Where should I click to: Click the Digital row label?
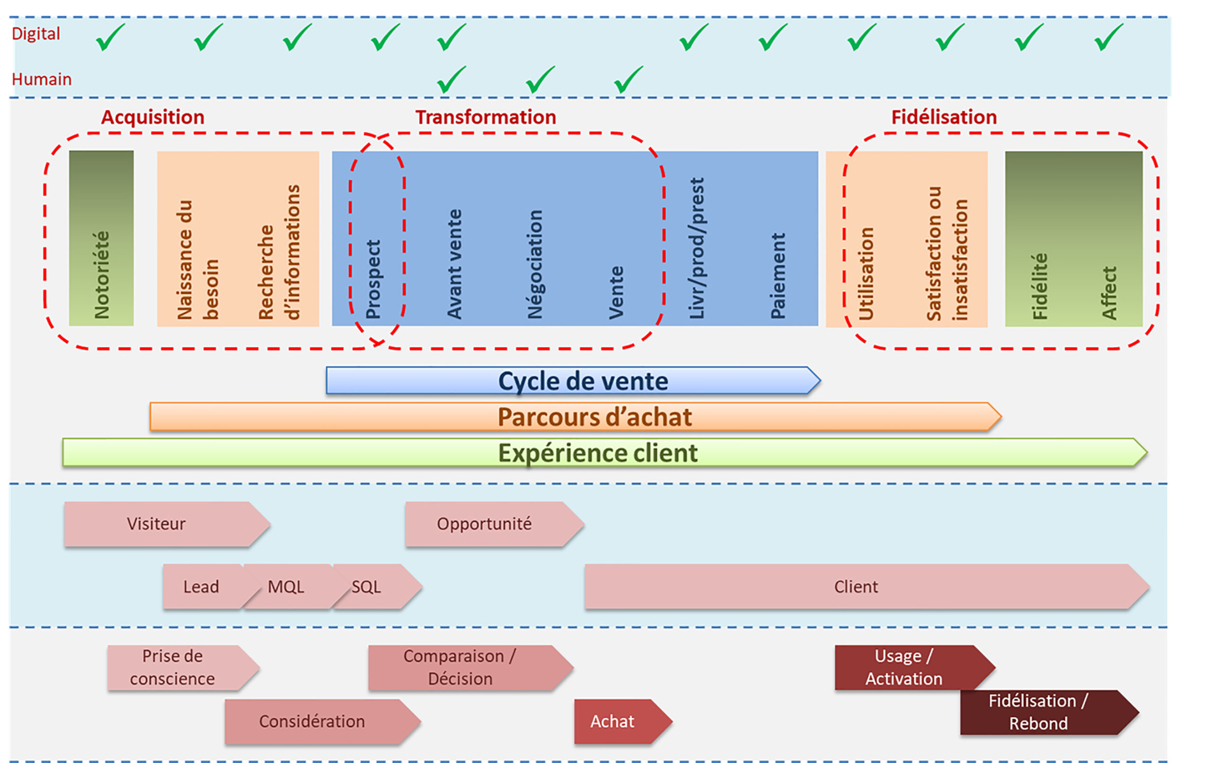(36, 34)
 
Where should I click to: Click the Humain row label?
(41, 79)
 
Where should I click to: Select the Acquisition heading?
(152, 117)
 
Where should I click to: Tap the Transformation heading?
(485, 117)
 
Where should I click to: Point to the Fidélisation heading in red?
(944, 117)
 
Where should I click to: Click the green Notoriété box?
(101, 238)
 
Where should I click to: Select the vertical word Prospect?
(373, 279)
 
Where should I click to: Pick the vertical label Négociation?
(535, 264)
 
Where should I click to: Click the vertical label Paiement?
(778, 276)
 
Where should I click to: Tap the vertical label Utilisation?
(866, 273)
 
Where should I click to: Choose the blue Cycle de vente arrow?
(573, 381)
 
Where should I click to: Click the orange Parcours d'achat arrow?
(575, 417)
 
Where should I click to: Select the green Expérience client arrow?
(604, 453)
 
